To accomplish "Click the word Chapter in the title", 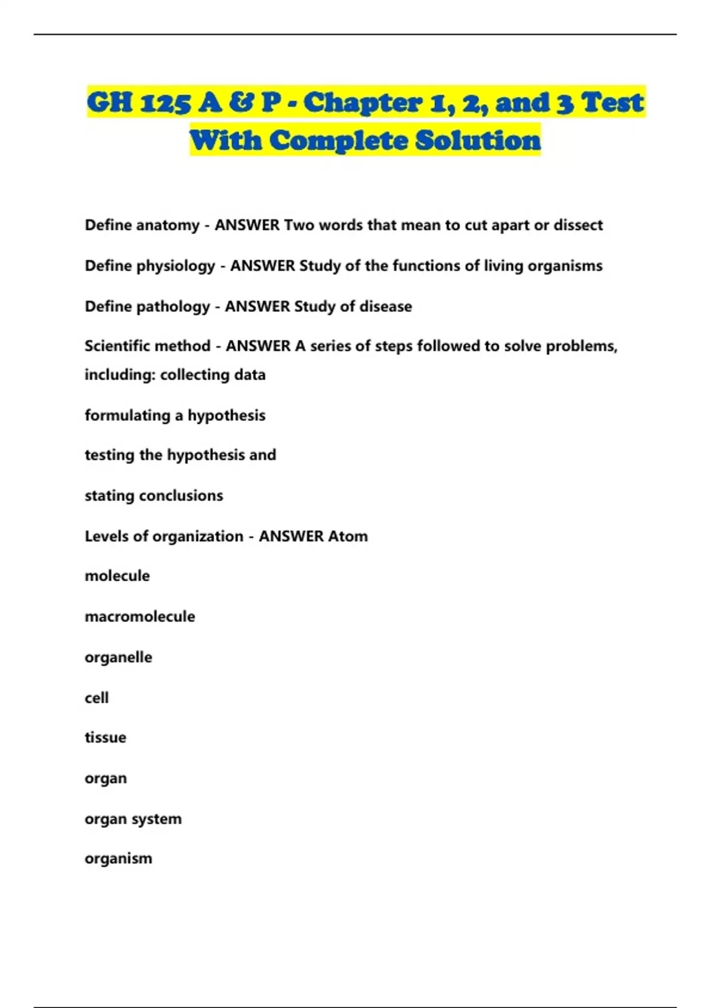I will point(363,103).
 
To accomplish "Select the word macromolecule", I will point(140,617).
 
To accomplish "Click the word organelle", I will point(118,658).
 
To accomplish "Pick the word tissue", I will point(105,738).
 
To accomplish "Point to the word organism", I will point(118,859).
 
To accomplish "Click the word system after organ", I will point(156,819).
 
